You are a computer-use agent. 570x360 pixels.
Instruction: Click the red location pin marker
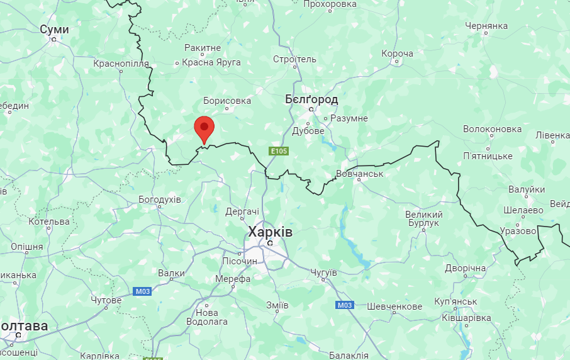click(204, 128)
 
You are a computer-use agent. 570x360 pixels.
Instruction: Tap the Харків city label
click(270, 232)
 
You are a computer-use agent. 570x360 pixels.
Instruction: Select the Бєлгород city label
click(311, 99)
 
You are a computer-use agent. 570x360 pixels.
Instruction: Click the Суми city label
click(54, 30)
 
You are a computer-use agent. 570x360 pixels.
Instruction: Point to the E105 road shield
click(279, 151)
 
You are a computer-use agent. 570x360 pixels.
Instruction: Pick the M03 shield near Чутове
click(143, 291)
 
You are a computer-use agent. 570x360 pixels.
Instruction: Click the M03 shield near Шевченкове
click(344, 305)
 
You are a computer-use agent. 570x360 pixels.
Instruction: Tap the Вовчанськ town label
click(359, 173)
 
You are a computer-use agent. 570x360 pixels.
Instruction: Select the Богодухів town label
click(160, 200)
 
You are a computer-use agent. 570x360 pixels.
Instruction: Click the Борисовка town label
click(227, 101)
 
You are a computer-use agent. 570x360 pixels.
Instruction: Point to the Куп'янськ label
click(455, 302)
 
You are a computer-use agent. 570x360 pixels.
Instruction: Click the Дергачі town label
click(242, 211)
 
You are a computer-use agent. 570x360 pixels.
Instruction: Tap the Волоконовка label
click(492, 129)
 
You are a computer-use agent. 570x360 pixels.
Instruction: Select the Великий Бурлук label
click(423, 219)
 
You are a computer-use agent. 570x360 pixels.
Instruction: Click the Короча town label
click(397, 53)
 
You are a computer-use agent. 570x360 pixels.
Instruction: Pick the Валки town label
click(172, 273)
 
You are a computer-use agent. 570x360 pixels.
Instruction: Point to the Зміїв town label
click(277, 305)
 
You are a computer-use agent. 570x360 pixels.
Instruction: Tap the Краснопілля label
click(121, 64)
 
